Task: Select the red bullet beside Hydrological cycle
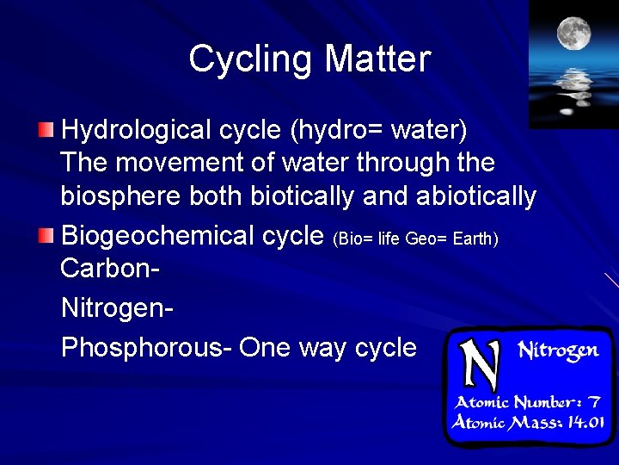click(x=46, y=131)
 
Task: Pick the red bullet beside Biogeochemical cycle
click(x=46, y=235)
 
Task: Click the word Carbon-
click(x=110, y=267)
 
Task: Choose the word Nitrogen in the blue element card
click(x=558, y=350)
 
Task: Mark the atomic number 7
click(x=593, y=402)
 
